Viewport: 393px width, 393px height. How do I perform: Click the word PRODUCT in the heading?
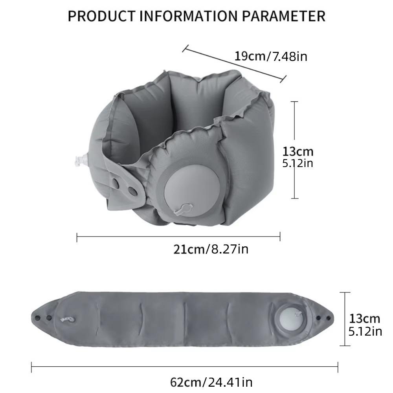101,16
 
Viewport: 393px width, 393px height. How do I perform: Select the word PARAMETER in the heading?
283,16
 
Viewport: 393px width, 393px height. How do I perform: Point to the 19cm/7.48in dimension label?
271,56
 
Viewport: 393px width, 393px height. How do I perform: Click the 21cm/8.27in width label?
211,249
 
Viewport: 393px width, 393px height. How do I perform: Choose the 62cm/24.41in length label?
211,382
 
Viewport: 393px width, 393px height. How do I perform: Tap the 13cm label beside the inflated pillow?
298,151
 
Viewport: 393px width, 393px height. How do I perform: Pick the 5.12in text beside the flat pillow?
365,331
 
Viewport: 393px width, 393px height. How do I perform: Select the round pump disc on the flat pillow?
288,319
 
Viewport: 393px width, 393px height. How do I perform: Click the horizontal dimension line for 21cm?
178,237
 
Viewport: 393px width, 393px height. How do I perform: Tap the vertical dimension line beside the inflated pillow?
294,150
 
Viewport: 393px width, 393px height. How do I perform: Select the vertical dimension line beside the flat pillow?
345,319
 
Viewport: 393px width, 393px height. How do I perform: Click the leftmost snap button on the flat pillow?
38,317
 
